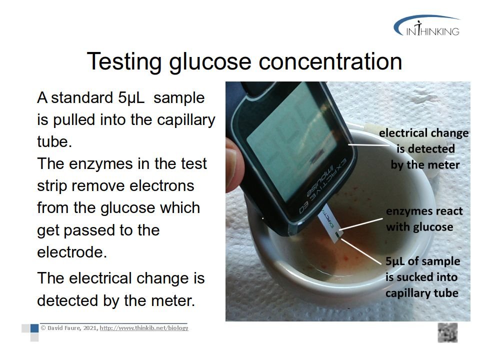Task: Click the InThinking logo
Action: coord(427,26)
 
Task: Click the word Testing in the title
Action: coord(124,62)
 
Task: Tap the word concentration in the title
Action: coord(330,61)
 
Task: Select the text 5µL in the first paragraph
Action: coord(131,98)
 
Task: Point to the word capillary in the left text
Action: coord(186,120)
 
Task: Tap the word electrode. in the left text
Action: coord(72,252)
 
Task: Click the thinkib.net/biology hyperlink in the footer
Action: coord(144,328)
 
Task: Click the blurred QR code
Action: coord(447,332)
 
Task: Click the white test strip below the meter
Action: coord(330,224)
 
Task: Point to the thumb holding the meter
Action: coord(235,165)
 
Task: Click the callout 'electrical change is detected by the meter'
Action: coord(424,149)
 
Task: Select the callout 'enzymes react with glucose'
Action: coord(424,219)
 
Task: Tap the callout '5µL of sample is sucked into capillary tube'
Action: coord(422,277)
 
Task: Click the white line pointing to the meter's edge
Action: coord(369,144)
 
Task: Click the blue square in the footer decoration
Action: coord(34,328)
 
